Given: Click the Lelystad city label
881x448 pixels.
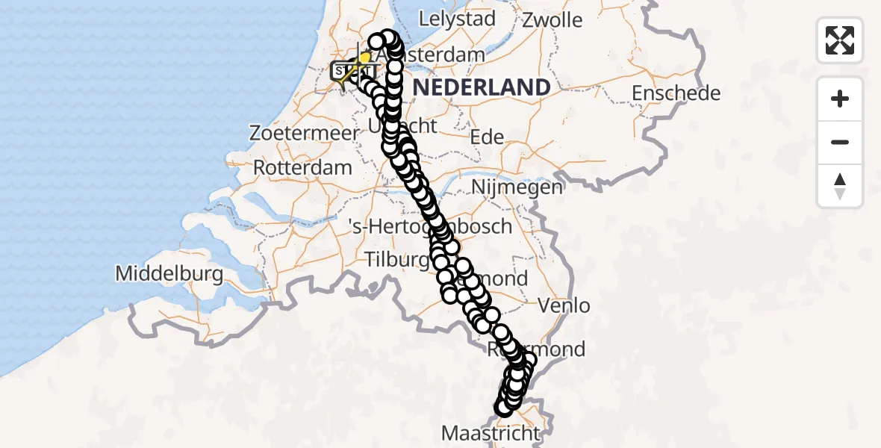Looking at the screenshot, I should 458,19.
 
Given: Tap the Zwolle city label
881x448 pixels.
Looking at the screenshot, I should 552,19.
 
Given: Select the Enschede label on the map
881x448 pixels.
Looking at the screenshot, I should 676,94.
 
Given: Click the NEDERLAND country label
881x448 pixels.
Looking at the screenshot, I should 482,87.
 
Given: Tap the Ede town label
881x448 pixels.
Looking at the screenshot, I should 487,137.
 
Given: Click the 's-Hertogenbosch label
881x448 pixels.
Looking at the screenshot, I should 429,226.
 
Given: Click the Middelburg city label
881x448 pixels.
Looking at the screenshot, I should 169,274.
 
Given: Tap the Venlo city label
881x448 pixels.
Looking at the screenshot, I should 564,305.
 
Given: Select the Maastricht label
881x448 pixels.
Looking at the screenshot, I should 491,433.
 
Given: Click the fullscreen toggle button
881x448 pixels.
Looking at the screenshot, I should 840,40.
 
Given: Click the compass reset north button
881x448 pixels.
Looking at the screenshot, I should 840,185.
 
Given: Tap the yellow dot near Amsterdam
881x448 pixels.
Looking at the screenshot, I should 365,57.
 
